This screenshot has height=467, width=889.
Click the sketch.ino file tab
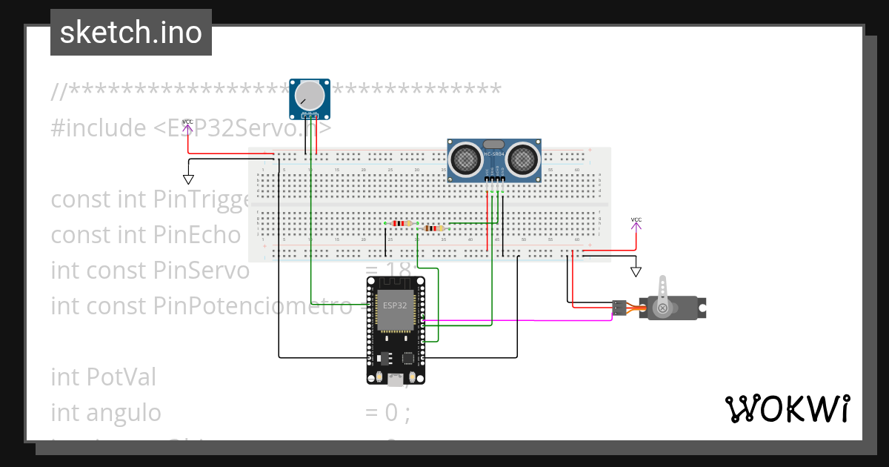[130, 33]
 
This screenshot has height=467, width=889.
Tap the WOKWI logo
[787, 408]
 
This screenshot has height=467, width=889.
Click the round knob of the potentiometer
[310, 95]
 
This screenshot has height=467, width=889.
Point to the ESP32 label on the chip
[393, 305]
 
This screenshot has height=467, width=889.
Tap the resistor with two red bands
[401, 223]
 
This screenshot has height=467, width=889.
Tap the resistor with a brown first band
[432, 229]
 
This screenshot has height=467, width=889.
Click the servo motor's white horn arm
[664, 292]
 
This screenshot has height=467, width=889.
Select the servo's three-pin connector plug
[619, 307]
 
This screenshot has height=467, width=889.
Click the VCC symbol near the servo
[636, 220]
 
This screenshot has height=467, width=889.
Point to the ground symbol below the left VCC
[188, 179]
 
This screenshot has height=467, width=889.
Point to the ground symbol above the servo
[635, 271]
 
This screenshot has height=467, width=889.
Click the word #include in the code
[99, 128]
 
